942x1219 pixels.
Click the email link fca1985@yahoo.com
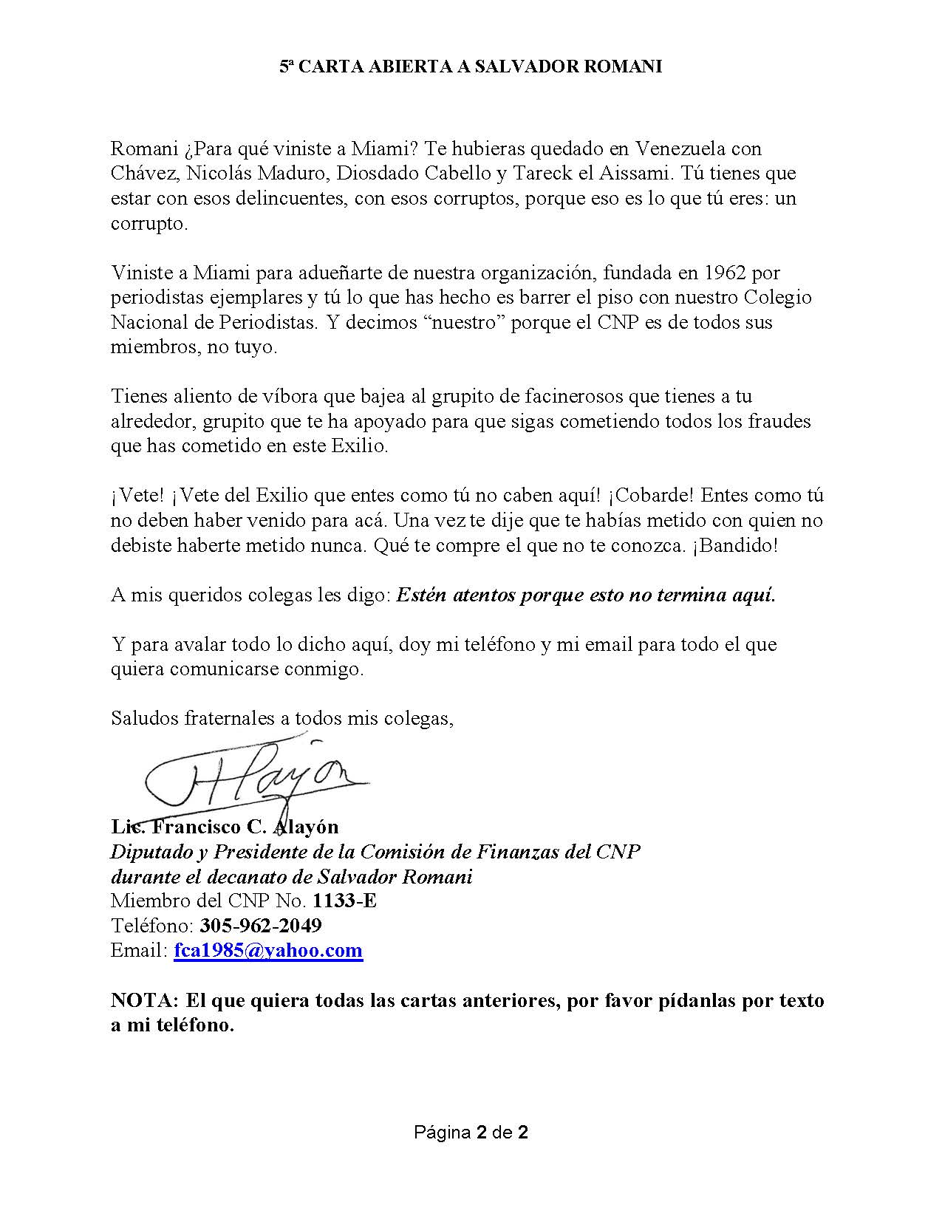[268, 950]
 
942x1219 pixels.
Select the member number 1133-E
[344, 901]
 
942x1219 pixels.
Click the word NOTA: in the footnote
[145, 1000]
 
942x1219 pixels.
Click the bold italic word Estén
[421, 595]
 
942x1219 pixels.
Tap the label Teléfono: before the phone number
[152, 925]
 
